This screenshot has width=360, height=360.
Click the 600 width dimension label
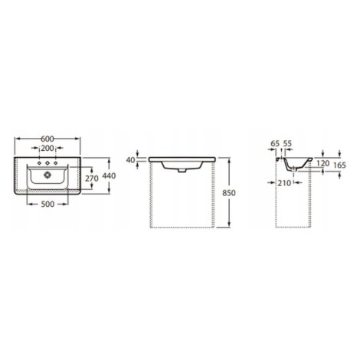(47, 139)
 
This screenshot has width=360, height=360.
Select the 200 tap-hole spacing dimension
(47, 148)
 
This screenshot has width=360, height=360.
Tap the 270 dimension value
(92, 178)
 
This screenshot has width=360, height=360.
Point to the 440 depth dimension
(109, 175)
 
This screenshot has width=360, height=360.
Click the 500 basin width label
(47, 204)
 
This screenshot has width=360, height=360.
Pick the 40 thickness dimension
(130, 160)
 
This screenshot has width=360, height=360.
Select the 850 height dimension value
(229, 193)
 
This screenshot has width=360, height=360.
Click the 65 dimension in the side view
(275, 143)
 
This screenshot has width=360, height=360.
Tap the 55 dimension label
(287, 143)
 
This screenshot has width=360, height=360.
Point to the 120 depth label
(323, 163)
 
